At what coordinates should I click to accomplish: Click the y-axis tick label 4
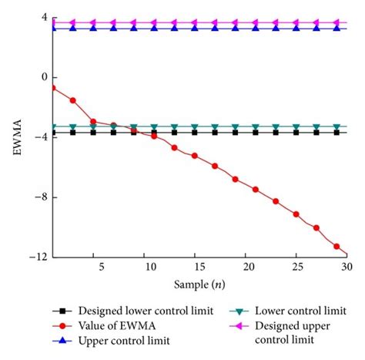coord(42,17)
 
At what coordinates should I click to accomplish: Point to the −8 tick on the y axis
coord(40,197)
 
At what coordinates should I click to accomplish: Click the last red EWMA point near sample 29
coord(337,247)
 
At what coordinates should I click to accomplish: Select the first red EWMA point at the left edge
coord(53,88)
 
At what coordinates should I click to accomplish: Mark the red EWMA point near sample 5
coord(93,121)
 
